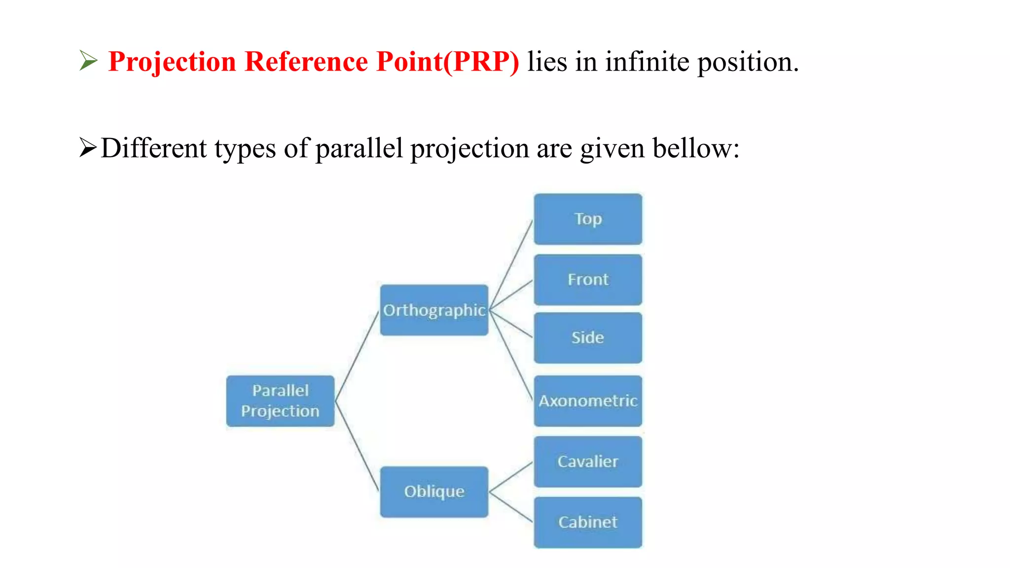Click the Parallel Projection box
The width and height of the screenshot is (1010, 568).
(x=280, y=401)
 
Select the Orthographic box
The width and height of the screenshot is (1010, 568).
(x=434, y=310)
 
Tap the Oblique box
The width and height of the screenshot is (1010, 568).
(x=434, y=492)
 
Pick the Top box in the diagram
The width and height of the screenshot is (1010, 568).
(x=588, y=219)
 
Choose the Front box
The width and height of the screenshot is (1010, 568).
(x=588, y=280)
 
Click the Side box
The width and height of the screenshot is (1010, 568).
(x=588, y=338)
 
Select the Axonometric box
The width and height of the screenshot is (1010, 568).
(x=588, y=401)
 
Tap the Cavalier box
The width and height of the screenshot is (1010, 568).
(x=588, y=461)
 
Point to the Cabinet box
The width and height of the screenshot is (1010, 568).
(x=588, y=522)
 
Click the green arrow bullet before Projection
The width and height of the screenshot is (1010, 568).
(x=89, y=61)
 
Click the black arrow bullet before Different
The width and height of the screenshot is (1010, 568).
(x=88, y=148)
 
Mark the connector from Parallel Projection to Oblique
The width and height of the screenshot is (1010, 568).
(x=357, y=446)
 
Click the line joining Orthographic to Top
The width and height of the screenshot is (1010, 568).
(x=512, y=265)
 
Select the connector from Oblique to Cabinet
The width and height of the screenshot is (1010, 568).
(x=511, y=507)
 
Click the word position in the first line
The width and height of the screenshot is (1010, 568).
(x=747, y=63)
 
